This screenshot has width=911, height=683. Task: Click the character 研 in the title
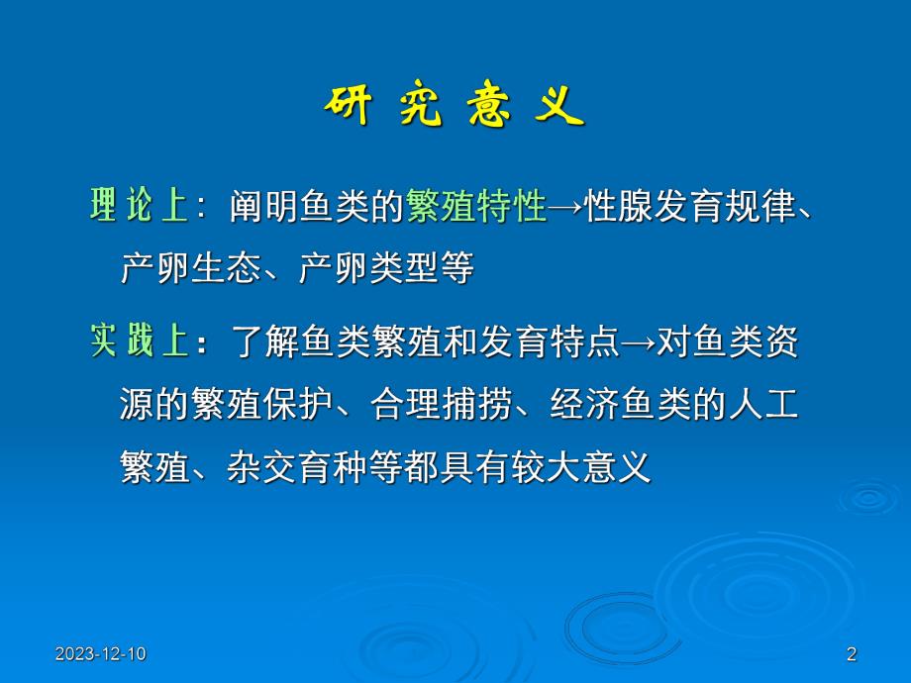347,108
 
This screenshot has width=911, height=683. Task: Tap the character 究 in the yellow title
421,108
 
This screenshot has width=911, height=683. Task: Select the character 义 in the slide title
560,108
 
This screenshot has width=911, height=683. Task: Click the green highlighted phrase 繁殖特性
476,207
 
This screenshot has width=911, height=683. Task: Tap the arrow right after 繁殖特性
565,207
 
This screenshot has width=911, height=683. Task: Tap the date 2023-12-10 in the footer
100,653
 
